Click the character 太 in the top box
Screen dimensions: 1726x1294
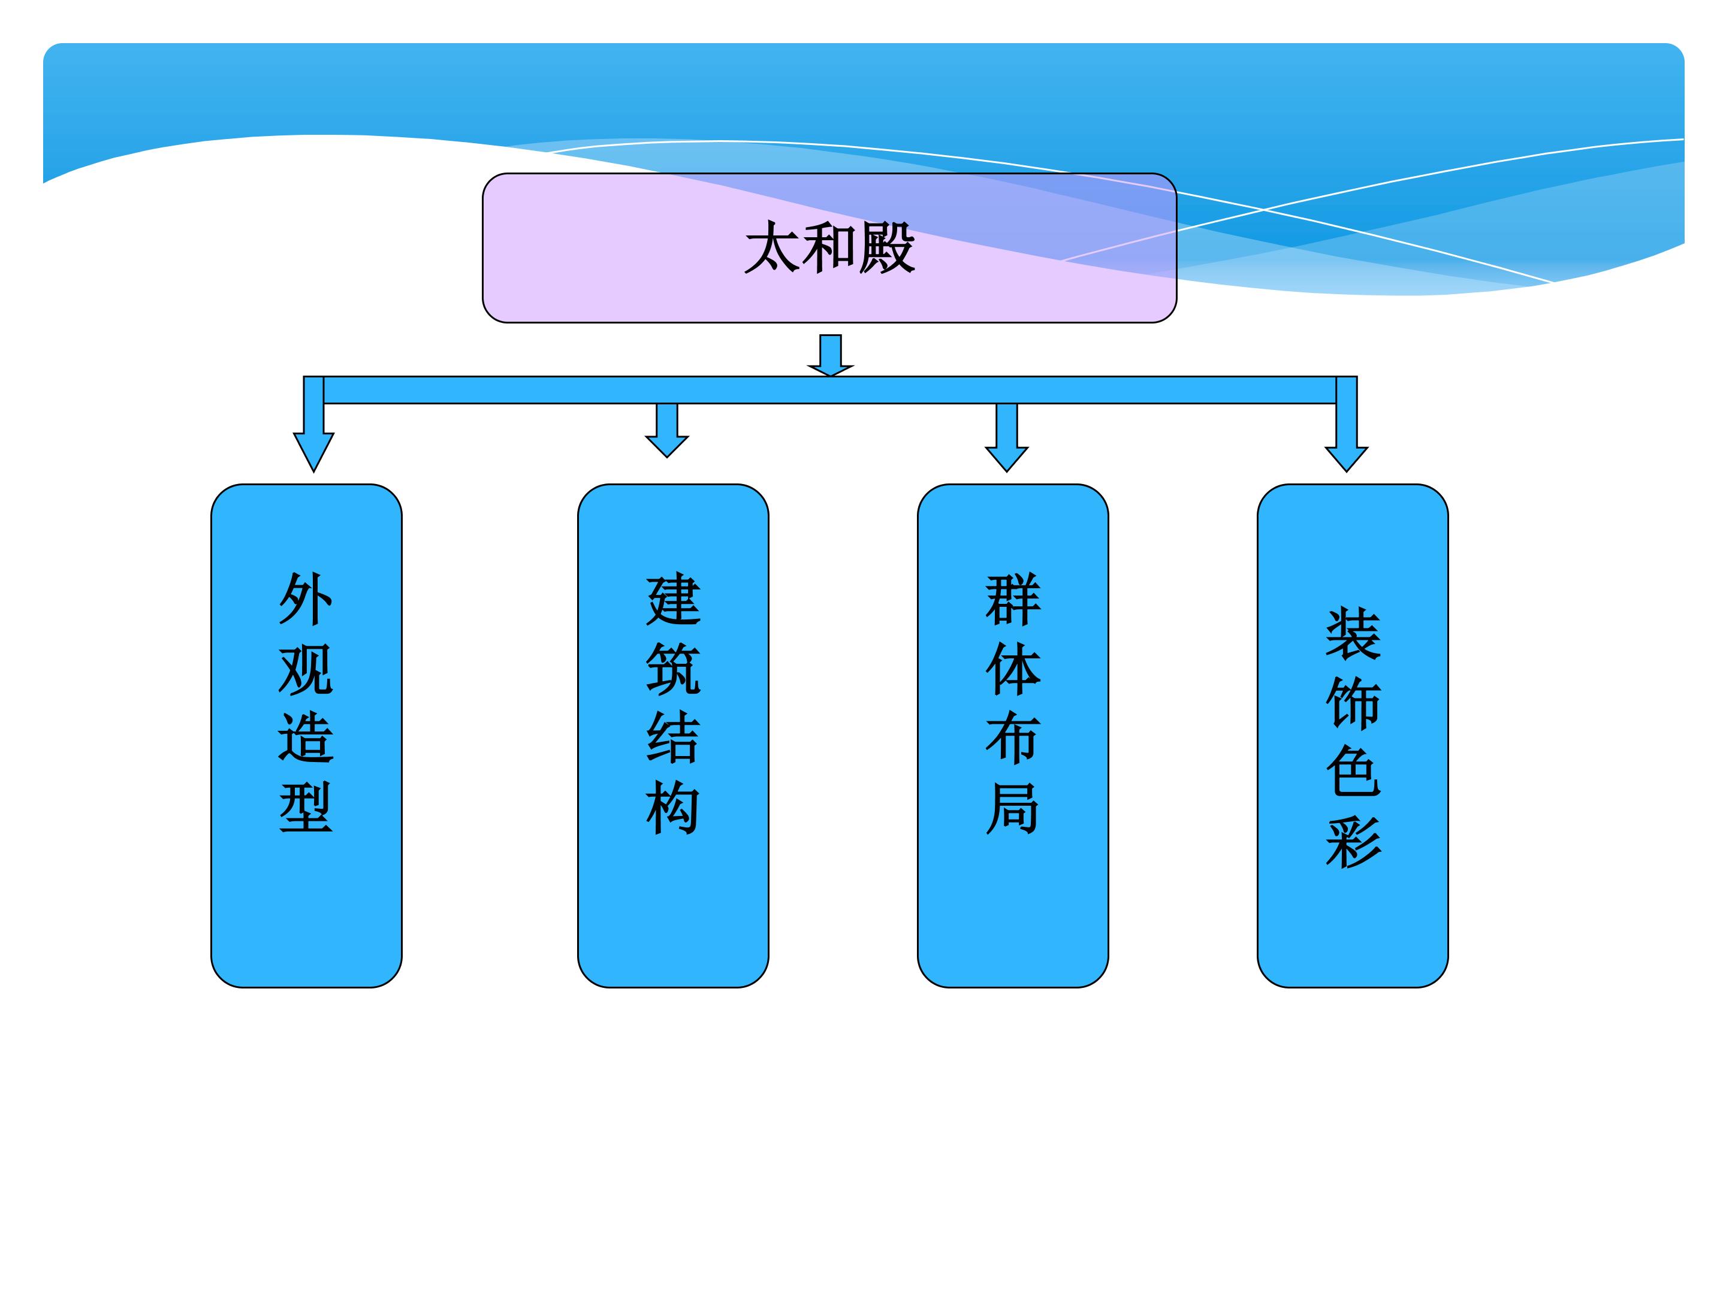tap(773, 248)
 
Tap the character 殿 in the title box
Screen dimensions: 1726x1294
tap(887, 248)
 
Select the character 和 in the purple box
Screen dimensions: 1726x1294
tap(829, 248)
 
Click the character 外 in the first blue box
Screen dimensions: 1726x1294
tap(306, 599)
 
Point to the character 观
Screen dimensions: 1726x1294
tap(306, 669)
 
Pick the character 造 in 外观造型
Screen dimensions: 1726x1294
tap(306, 738)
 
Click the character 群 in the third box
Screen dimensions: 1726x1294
tap(1013, 599)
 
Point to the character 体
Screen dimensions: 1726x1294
tap(1013, 669)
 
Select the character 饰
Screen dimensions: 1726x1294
tap(1353, 703)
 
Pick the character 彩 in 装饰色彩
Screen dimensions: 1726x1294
tap(1353, 842)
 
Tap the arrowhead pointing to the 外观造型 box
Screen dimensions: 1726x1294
tap(313, 452)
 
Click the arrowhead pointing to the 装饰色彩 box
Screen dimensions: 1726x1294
tap(1347, 459)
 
